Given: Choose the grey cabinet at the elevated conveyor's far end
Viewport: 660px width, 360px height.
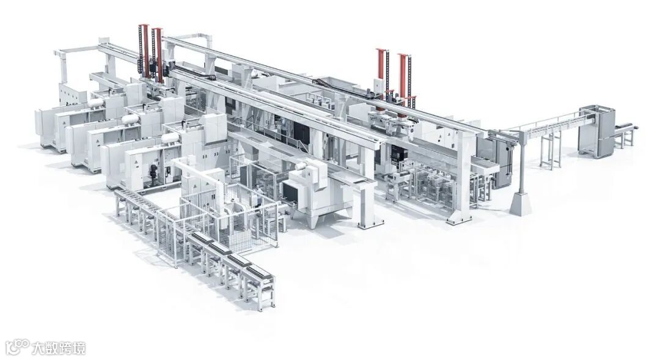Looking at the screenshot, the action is coord(596,132).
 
